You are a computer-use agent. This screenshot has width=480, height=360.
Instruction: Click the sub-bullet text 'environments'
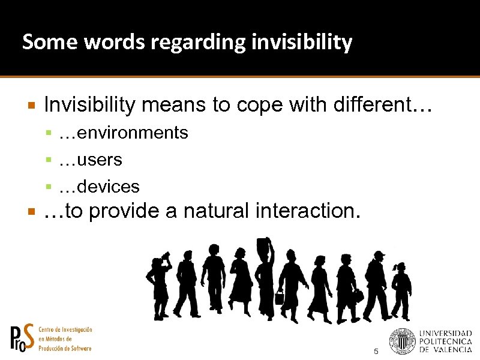pos(133,133)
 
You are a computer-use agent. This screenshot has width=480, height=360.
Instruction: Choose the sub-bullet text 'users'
pos(100,160)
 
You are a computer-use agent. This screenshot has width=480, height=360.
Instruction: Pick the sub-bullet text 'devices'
pos(109,187)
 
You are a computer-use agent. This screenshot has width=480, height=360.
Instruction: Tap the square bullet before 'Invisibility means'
pos(32,106)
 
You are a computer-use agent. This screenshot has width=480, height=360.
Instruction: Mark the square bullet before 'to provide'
pos(32,212)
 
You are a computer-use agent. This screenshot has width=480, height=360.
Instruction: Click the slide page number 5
pos(376,351)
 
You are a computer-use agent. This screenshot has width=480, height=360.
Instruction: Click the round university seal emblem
pos(402,340)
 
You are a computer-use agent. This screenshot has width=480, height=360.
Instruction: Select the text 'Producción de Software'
pos(65,349)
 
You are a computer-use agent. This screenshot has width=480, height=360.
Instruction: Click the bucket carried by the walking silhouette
pos(279,296)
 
